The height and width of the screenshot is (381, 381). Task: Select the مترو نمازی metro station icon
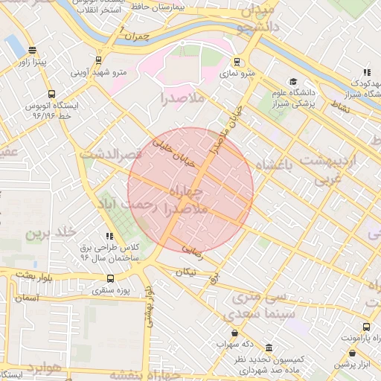pos(237,62)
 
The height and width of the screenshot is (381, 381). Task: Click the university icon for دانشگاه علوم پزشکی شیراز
pos(293,82)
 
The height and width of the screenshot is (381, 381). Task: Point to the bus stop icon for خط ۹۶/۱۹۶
pos(51,95)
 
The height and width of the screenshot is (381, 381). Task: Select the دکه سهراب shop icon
pos(236,333)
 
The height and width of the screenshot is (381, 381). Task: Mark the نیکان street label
pos(185,272)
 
